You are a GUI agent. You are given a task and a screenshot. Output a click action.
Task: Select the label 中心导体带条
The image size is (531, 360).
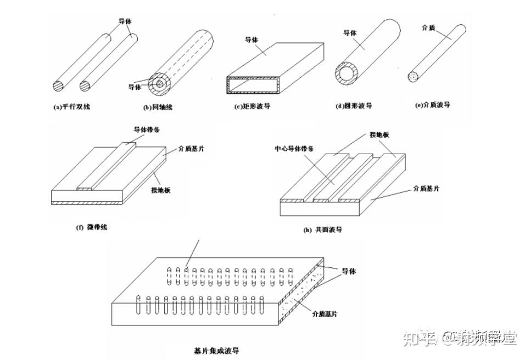pos(295,149)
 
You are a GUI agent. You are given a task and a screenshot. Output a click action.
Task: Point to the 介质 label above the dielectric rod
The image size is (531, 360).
pos(428,27)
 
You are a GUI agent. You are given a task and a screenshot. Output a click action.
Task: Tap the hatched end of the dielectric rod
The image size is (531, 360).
pos(415,77)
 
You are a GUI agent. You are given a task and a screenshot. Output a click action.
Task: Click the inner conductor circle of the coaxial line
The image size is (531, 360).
pos(159,84)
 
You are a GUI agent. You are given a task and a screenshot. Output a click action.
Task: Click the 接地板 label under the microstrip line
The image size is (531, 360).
pos(161,190)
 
